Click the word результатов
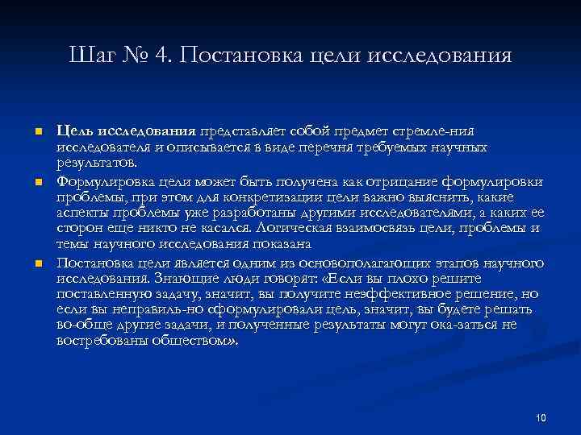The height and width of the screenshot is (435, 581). pyautogui.click(x=88, y=165)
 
